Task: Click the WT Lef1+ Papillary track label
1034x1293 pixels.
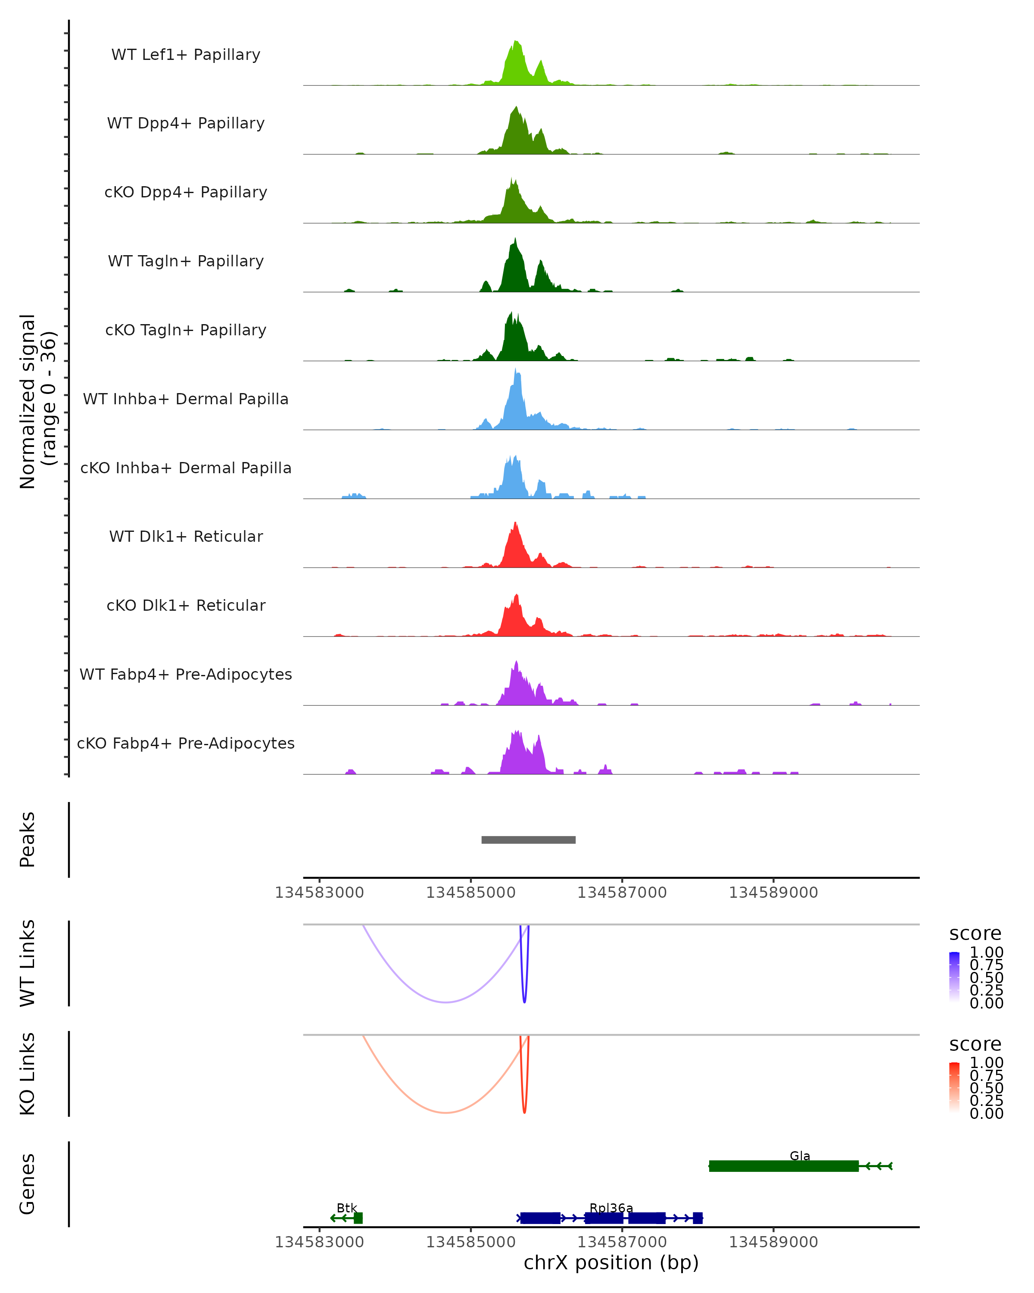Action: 186,55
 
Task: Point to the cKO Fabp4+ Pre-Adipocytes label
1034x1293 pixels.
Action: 186,743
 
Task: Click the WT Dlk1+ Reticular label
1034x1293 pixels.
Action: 186,536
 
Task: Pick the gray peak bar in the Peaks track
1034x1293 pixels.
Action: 528,840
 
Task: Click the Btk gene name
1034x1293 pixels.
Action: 346,1208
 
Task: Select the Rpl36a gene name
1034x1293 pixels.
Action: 611,1208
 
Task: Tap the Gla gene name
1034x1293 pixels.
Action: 800,1156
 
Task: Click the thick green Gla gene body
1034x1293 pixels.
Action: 783,1166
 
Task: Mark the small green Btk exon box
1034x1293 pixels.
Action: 358,1218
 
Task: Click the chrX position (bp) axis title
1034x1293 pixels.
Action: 611,1262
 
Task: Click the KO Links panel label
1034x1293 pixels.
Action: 28,1074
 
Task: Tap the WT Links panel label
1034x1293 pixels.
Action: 28,962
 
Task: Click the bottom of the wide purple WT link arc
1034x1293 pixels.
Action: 446,1002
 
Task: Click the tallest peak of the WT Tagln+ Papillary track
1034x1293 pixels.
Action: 514,240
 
